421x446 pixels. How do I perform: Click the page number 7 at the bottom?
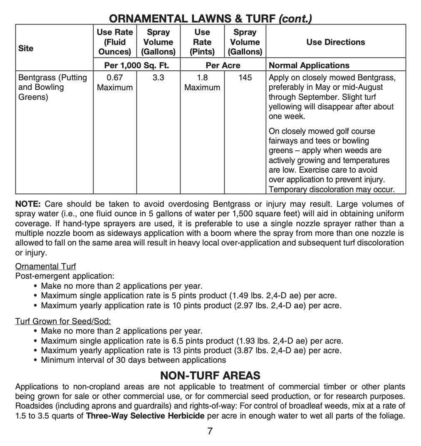[210, 431]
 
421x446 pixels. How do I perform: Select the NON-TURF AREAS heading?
[210, 375]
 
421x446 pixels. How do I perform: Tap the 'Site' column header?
[26, 48]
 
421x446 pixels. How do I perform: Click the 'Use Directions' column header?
[335, 42]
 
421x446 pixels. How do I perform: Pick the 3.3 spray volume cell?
[158, 77]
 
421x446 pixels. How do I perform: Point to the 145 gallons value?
[245, 77]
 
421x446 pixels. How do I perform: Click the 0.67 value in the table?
[115, 77]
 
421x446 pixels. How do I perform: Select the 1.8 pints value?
[202, 77]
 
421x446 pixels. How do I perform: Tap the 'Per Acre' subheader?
[223, 65]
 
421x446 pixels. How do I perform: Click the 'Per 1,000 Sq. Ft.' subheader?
[136, 65]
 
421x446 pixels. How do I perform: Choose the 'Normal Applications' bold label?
[309, 65]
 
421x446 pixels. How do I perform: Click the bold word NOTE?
[28, 204]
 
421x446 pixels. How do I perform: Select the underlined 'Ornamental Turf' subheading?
[46, 266]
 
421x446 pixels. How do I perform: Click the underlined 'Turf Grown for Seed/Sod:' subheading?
[63, 321]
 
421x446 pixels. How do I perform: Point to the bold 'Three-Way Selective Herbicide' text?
[145, 416]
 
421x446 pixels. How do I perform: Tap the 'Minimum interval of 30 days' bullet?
[133, 360]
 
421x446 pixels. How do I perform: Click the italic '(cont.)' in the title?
[295, 18]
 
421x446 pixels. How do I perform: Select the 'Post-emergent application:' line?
[64, 276]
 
